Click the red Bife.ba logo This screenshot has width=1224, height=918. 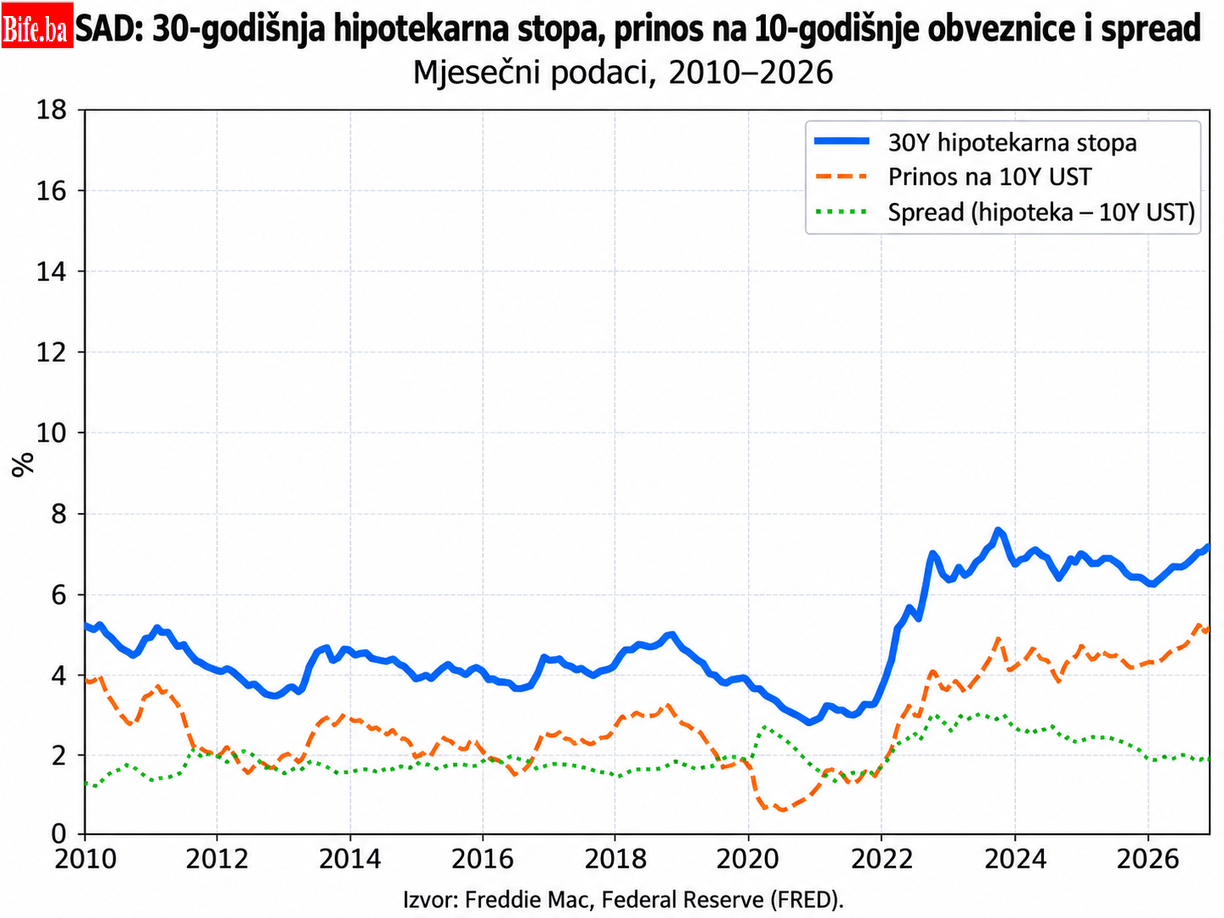point(37,25)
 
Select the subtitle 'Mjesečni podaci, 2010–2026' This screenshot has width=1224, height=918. point(623,72)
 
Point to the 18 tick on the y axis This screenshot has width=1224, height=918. point(52,110)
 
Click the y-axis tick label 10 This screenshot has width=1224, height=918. point(52,433)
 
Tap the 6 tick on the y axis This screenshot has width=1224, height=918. point(59,595)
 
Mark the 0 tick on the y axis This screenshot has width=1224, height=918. point(59,835)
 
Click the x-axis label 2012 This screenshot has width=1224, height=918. point(217,859)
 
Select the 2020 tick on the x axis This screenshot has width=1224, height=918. point(748,859)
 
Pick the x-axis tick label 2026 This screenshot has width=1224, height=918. point(1148,859)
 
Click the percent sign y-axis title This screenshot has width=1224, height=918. point(22,465)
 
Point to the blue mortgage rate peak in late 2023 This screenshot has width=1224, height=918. point(997,530)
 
